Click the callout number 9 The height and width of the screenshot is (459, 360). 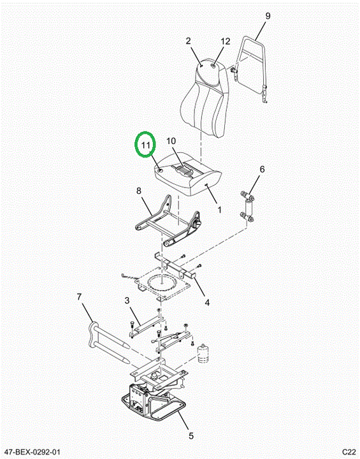(268, 16)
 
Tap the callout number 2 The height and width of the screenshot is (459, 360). (188, 41)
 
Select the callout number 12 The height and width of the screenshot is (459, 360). (225, 41)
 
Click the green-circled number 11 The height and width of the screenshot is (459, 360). (145, 145)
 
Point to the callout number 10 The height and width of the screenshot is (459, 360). (171, 141)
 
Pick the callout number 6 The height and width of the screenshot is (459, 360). (262, 169)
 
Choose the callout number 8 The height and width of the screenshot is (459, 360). (139, 191)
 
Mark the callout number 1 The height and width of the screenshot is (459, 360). (219, 210)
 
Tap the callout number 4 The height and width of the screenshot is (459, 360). (207, 302)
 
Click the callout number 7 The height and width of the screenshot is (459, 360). (79, 297)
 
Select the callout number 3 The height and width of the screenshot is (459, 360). (127, 300)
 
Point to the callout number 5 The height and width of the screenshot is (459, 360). (191, 436)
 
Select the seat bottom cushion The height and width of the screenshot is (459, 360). (188, 173)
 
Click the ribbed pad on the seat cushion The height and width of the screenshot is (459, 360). (184, 170)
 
